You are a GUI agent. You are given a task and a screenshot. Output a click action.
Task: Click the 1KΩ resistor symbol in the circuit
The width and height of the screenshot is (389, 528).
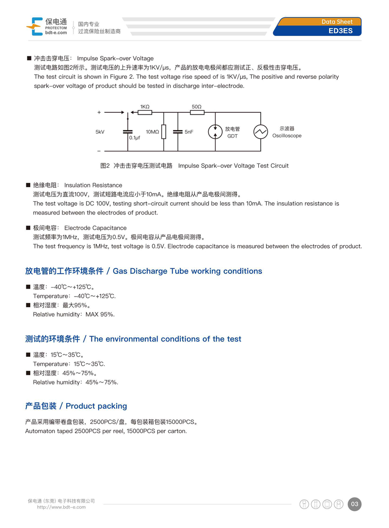(x=145, y=112)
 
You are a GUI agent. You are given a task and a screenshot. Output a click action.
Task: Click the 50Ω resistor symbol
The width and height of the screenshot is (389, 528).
(x=197, y=112)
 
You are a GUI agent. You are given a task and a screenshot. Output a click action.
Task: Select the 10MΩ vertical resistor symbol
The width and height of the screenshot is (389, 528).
(x=164, y=132)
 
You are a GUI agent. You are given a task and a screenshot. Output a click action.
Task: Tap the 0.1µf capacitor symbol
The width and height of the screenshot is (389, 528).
(x=128, y=131)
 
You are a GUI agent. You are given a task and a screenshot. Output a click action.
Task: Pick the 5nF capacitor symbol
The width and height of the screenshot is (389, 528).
(x=178, y=131)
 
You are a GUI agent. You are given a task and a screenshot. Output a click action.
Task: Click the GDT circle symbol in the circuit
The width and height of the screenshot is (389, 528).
(x=215, y=131)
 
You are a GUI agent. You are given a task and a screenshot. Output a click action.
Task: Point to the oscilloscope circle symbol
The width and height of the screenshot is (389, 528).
(x=261, y=131)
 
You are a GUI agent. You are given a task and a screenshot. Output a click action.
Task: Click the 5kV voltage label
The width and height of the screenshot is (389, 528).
(x=100, y=132)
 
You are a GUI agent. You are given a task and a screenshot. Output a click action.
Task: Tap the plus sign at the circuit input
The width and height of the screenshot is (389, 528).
(x=99, y=112)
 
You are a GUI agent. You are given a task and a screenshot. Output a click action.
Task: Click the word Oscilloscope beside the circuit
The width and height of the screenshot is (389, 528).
(x=287, y=136)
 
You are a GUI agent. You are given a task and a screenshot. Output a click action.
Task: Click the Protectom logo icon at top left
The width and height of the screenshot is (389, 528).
(x=35, y=26)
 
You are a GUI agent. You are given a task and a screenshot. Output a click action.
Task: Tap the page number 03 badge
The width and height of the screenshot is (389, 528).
(x=354, y=504)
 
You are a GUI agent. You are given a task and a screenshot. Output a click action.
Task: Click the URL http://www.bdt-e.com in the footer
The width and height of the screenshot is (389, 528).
(x=61, y=507)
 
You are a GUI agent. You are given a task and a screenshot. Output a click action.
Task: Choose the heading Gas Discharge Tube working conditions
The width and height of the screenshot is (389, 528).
(x=187, y=271)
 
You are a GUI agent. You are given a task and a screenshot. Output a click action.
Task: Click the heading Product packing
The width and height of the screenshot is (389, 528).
(x=96, y=406)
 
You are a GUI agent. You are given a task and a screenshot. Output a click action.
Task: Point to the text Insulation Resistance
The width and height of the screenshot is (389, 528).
(x=93, y=185)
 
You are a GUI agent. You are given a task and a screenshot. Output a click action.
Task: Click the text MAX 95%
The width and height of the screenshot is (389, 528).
(x=100, y=315)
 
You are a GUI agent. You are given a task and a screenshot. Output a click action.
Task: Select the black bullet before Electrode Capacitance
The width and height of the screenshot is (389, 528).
(x=28, y=228)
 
